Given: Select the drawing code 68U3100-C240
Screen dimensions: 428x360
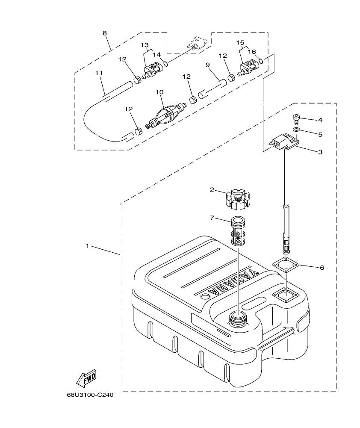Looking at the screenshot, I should point(90,395).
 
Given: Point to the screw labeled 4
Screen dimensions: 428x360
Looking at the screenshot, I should point(295,118).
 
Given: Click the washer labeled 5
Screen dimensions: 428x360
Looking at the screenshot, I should point(295,130).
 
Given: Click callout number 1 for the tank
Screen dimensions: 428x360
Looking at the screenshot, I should point(87,246).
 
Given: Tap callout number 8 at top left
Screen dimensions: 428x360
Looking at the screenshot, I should point(105,33).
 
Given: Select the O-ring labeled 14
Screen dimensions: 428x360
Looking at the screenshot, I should point(165,64).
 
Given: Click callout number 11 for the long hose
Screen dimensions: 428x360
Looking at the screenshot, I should point(99,73).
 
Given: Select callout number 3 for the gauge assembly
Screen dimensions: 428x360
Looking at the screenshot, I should point(320,152).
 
